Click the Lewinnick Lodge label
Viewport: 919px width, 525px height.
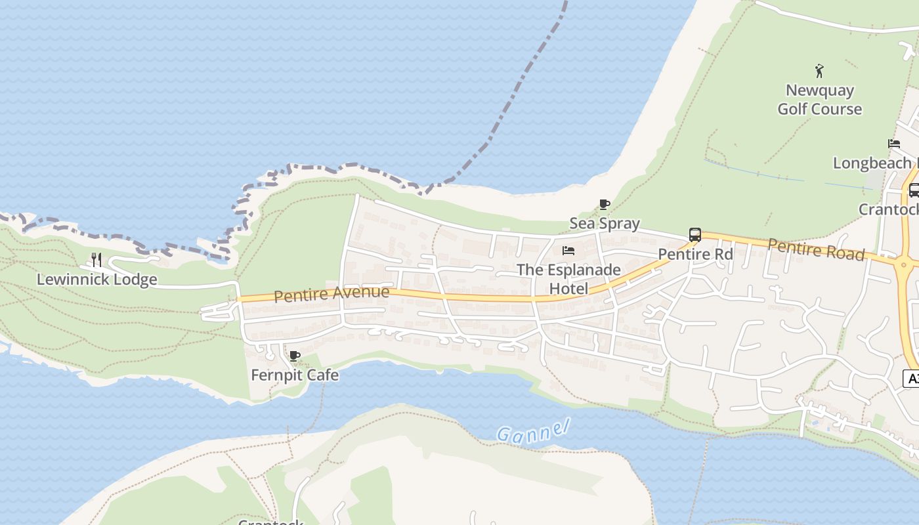pyautogui.click(x=96, y=280)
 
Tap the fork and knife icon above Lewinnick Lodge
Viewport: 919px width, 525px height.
pyautogui.click(x=96, y=260)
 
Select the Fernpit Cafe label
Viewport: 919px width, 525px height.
pyautogui.click(x=295, y=375)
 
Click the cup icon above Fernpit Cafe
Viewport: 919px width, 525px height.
pyautogui.click(x=295, y=356)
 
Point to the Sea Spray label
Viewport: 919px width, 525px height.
pyautogui.click(x=604, y=223)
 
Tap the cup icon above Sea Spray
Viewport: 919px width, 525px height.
pyautogui.click(x=605, y=205)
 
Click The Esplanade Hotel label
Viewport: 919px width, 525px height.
pyautogui.click(x=568, y=279)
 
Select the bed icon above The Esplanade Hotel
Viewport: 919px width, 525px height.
pyautogui.click(x=568, y=251)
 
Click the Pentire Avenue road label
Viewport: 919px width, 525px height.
pyautogui.click(x=331, y=294)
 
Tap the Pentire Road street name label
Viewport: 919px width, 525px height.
pyautogui.click(x=816, y=249)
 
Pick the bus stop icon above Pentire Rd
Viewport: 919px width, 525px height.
pyautogui.click(x=695, y=235)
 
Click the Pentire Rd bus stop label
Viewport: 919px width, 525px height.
pyautogui.click(x=695, y=254)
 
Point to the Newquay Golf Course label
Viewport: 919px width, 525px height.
pyautogui.click(x=819, y=100)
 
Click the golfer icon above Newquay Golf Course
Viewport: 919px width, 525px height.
pyautogui.click(x=819, y=70)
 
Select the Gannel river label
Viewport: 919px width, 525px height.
pyautogui.click(x=532, y=431)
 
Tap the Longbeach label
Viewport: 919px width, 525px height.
pyautogui.click(x=873, y=163)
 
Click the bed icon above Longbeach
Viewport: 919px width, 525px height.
pyautogui.click(x=894, y=144)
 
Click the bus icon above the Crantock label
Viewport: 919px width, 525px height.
pyautogui.click(x=914, y=190)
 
